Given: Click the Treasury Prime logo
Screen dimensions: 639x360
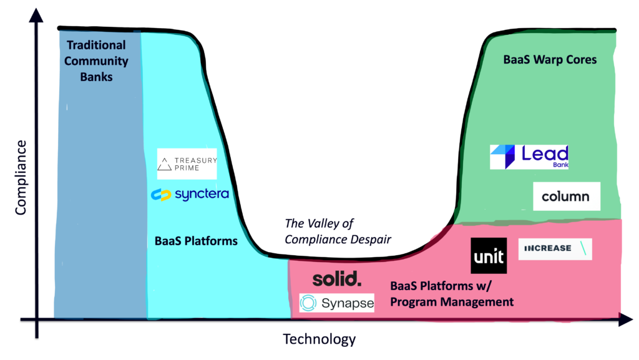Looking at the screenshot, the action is (x=187, y=163).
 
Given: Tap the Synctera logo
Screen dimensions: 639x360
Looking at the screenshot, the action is (x=190, y=194).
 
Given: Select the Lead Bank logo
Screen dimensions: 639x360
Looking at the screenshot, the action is (x=529, y=157).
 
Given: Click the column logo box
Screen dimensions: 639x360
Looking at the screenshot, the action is (x=567, y=197).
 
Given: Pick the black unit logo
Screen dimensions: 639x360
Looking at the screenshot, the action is (x=489, y=256).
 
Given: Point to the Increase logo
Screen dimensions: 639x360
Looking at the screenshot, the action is (x=555, y=248).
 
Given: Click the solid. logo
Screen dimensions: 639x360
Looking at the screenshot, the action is (x=337, y=279).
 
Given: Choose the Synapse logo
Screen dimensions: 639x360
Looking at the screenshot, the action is (x=336, y=303).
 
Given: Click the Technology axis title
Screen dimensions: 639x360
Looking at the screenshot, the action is (x=319, y=339).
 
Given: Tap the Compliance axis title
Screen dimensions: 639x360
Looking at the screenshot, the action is (x=21, y=177).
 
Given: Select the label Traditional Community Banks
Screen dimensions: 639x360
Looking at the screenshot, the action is (x=96, y=61).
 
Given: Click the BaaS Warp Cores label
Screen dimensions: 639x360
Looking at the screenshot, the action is (x=550, y=59).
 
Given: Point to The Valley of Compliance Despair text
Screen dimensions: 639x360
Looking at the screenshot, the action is (x=338, y=231).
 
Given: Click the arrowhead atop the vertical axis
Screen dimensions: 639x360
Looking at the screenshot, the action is (x=36, y=16).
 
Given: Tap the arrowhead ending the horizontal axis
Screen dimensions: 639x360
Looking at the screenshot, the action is (x=625, y=319).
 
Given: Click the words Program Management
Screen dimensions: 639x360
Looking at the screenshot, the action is (x=452, y=302).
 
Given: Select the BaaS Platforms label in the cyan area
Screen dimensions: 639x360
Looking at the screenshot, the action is (x=196, y=241).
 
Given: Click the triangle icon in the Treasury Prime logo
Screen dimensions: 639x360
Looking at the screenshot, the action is (x=164, y=163).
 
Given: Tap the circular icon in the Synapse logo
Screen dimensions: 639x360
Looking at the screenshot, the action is (x=308, y=303).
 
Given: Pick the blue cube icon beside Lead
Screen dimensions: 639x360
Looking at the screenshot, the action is (x=504, y=156).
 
